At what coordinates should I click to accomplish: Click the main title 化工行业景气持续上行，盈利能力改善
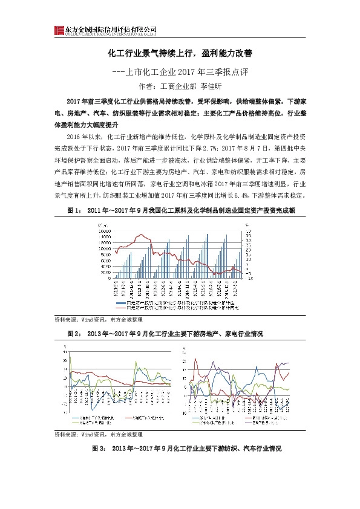tap(179, 54)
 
